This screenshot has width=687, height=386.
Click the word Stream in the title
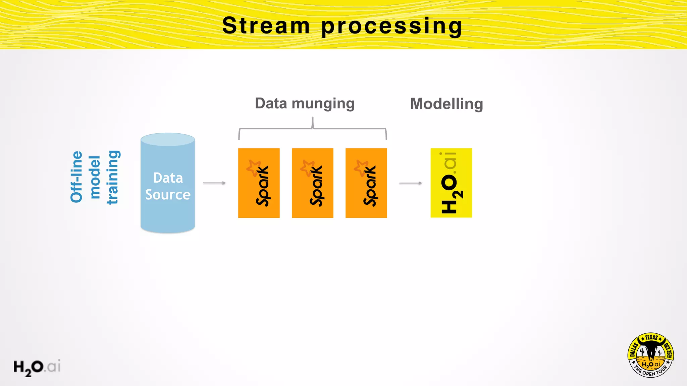(266, 26)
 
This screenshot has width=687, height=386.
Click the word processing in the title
(392, 27)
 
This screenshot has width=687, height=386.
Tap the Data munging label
(305, 104)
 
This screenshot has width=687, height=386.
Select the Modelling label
(446, 104)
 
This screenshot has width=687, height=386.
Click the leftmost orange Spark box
(259, 183)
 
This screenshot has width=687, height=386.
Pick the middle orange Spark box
(312, 183)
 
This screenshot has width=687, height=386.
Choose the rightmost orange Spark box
(366, 183)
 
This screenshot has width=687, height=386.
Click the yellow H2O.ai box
(451, 183)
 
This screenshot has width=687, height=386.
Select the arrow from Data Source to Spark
(214, 183)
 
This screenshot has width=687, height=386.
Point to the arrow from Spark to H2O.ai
(410, 183)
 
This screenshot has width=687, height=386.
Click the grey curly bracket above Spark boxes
(312, 129)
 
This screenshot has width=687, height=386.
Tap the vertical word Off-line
(77, 177)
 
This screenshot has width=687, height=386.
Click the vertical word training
(113, 177)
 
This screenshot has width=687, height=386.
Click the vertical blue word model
(95, 177)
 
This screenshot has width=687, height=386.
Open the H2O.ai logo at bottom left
(37, 367)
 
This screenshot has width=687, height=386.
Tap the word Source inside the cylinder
(168, 195)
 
